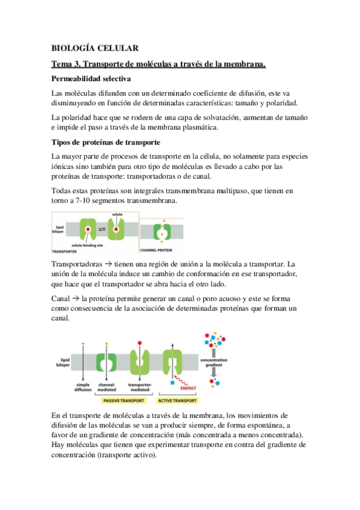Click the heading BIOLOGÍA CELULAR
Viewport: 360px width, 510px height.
tap(95, 48)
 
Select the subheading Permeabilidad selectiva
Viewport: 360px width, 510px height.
tap(91, 79)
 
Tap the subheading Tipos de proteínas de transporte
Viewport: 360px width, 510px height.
tap(106, 143)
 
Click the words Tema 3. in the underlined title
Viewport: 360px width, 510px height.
tap(66, 64)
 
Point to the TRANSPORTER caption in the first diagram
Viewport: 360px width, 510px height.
tap(64, 251)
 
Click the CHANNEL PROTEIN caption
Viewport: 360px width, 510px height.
tap(156, 250)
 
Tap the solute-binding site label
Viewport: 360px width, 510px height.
tap(87, 245)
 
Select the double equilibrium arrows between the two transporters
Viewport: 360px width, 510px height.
tap(102, 229)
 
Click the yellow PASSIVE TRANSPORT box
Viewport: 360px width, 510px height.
tap(124, 401)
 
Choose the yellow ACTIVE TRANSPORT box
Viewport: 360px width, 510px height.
tap(177, 401)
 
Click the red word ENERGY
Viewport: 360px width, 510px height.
tap(189, 388)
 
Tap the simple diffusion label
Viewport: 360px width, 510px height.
tap(83, 387)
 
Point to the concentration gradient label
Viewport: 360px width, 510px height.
tap(214, 362)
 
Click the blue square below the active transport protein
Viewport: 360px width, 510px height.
tap(172, 383)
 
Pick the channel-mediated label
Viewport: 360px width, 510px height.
tap(107, 387)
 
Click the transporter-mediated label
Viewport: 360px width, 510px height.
tap(140, 387)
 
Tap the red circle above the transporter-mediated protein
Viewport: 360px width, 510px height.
tap(139, 343)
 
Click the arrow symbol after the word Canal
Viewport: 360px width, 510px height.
tap(76, 298)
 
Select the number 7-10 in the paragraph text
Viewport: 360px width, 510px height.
tap(83, 201)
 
